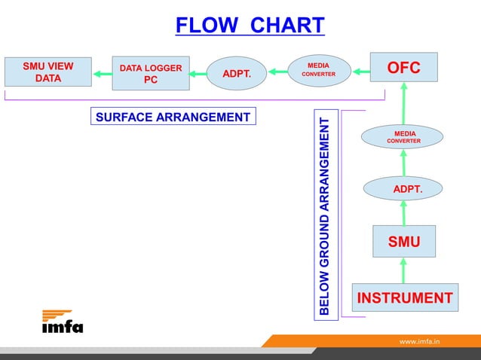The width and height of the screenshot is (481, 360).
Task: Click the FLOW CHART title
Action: click(x=250, y=26)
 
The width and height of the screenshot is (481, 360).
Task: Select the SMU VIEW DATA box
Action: click(x=48, y=72)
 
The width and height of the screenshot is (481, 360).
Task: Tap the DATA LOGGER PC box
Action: click(x=151, y=74)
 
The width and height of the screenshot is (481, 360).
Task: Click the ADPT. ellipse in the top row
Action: click(x=237, y=74)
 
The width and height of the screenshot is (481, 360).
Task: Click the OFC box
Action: click(x=403, y=68)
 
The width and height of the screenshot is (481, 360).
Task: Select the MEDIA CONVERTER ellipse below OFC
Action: click(x=403, y=136)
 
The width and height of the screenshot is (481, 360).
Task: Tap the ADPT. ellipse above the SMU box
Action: click(x=403, y=188)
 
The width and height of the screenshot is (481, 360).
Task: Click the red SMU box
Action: click(x=403, y=241)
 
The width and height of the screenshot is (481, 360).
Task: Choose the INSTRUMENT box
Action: click(x=404, y=298)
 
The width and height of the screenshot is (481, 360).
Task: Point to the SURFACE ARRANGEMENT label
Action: click(x=173, y=117)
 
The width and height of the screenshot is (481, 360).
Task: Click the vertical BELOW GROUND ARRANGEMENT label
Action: click(x=324, y=214)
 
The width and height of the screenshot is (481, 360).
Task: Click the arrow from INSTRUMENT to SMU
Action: click(x=403, y=270)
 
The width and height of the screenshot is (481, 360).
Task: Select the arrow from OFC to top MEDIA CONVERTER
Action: click(x=360, y=72)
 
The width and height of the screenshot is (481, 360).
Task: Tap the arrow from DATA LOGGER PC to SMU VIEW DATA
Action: click(x=102, y=74)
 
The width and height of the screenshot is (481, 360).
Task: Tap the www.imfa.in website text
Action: click(x=419, y=341)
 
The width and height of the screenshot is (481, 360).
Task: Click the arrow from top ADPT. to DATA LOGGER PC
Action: click(x=198, y=74)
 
